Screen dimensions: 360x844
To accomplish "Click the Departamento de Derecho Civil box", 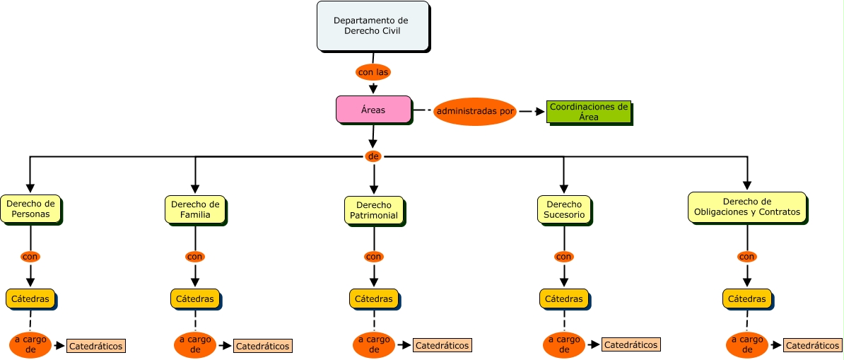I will coord(373,26).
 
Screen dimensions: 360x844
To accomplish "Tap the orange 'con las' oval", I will coord(373,72).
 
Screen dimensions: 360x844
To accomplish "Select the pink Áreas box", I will coord(373,110).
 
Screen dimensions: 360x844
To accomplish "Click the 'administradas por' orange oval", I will coord(475,112).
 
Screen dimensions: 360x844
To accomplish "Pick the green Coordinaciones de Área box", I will coord(588,112).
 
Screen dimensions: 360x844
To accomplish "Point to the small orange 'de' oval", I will coord(373,156).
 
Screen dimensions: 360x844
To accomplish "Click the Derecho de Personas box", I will coord(30,209).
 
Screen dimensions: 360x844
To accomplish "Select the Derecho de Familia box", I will coord(195,209).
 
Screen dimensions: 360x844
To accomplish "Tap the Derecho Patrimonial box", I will coord(374,210).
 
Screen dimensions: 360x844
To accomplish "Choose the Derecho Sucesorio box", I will coord(563,209).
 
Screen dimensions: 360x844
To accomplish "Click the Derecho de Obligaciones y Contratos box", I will coord(746,207).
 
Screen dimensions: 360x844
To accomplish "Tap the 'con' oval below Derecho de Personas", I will coord(30,257).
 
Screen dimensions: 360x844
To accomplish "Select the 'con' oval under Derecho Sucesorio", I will coord(563,257).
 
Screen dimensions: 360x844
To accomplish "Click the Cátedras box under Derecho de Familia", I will coord(194,298).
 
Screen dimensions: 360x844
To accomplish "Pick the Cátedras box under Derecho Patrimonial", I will coord(373,298).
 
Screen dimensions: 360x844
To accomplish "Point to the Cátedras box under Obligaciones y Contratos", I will coord(746,298).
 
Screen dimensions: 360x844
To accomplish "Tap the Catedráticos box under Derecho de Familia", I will coord(262,346).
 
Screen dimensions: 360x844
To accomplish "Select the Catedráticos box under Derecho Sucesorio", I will coord(631,344).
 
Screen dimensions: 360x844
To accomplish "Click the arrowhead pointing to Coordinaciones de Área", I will coord(540,112).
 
